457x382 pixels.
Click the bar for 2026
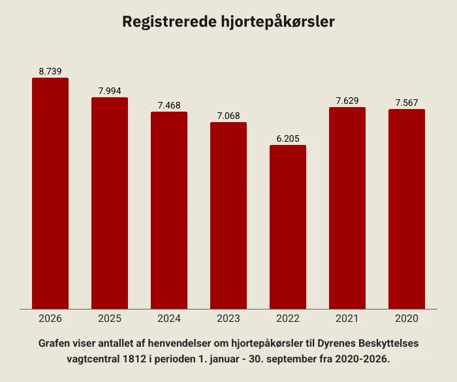[50, 193]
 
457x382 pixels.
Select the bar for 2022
[288, 227]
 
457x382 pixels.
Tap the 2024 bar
[169, 210]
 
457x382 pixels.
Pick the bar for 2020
[407, 209]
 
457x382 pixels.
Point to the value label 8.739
[50, 71]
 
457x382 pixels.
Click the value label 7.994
[110, 91]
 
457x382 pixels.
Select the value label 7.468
[169, 105]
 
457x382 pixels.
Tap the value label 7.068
[228, 116]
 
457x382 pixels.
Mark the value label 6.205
[288, 138]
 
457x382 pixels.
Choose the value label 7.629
[347, 101]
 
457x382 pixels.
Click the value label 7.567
[407, 103]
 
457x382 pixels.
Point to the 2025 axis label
[110, 319]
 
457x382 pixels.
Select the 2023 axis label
[228, 319]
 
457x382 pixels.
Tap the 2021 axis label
[347, 319]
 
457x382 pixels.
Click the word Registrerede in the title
[170, 22]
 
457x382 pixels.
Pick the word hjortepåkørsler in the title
[277, 22]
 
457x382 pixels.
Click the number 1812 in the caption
[134, 358]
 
